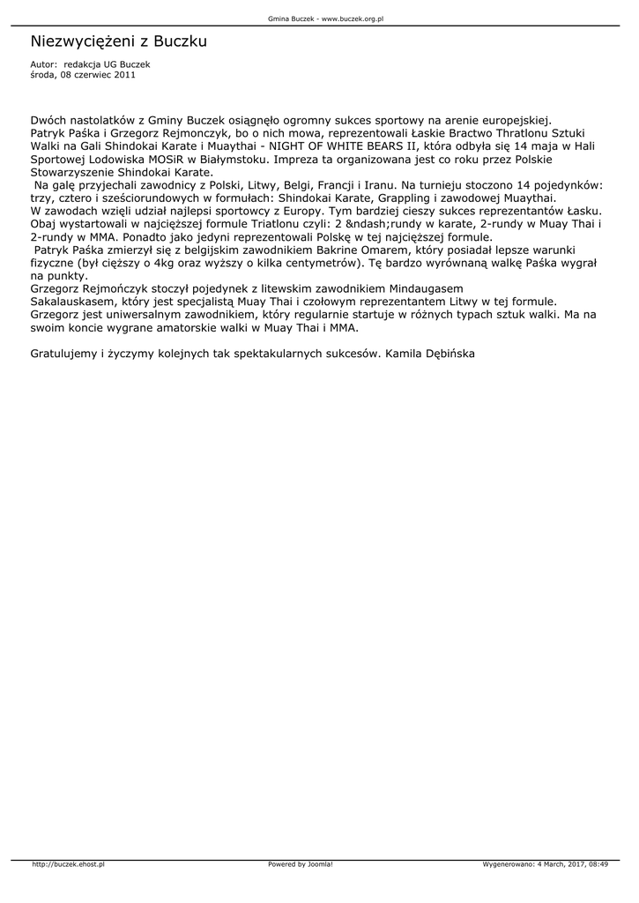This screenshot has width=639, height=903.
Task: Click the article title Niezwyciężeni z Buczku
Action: coord(118,41)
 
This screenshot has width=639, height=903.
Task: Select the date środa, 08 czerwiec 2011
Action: coord(83,75)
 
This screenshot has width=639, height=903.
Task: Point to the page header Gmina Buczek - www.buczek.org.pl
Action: coord(319,18)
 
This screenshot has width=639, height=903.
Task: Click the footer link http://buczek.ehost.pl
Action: coord(68,864)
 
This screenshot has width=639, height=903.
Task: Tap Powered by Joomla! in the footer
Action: coord(300,864)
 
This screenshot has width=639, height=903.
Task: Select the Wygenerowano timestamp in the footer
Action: coord(546,864)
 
